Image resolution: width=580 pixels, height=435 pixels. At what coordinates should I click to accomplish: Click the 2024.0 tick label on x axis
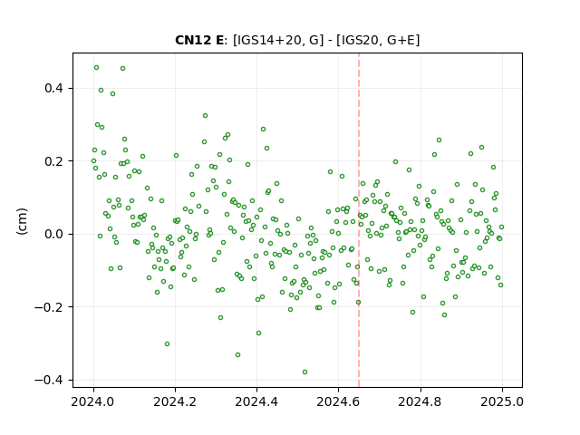pyautogui.click(x=93, y=401)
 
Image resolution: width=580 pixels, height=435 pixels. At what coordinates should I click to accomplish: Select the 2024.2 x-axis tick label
pyautogui.click(x=175, y=401)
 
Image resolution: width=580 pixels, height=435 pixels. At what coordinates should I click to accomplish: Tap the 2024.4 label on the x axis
pyautogui.click(x=256, y=401)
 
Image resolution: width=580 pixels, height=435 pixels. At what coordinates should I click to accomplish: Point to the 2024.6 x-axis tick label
pyautogui.click(x=338, y=401)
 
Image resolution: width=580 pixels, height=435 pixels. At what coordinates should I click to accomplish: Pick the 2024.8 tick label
pyautogui.click(x=420, y=401)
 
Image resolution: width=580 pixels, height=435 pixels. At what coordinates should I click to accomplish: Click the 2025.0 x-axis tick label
pyautogui.click(x=502, y=401)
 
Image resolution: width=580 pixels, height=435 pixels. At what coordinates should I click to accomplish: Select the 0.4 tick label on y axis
pyautogui.click(x=53, y=89)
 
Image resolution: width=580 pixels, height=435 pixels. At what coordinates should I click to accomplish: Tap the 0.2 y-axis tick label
pyautogui.click(x=53, y=161)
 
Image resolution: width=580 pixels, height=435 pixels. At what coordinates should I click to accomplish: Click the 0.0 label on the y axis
pyautogui.click(x=53, y=234)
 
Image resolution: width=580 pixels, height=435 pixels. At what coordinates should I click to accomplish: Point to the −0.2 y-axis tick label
pyautogui.click(x=49, y=307)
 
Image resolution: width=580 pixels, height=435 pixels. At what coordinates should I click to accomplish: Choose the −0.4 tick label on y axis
pyautogui.click(x=49, y=380)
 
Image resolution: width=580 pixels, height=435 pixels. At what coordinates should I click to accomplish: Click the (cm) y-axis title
pyautogui.click(x=22, y=221)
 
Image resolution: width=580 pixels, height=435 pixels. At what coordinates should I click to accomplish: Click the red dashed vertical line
pyautogui.click(x=359, y=220)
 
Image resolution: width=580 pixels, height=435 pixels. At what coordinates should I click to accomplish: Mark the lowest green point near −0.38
pyautogui.click(x=304, y=372)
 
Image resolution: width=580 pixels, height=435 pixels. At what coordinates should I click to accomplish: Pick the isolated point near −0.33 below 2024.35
pyautogui.click(x=237, y=354)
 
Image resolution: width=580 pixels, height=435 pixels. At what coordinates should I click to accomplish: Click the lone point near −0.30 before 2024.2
pyautogui.click(x=167, y=344)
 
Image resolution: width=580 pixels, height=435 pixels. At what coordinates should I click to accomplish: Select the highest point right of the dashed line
pyautogui.click(x=439, y=140)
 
